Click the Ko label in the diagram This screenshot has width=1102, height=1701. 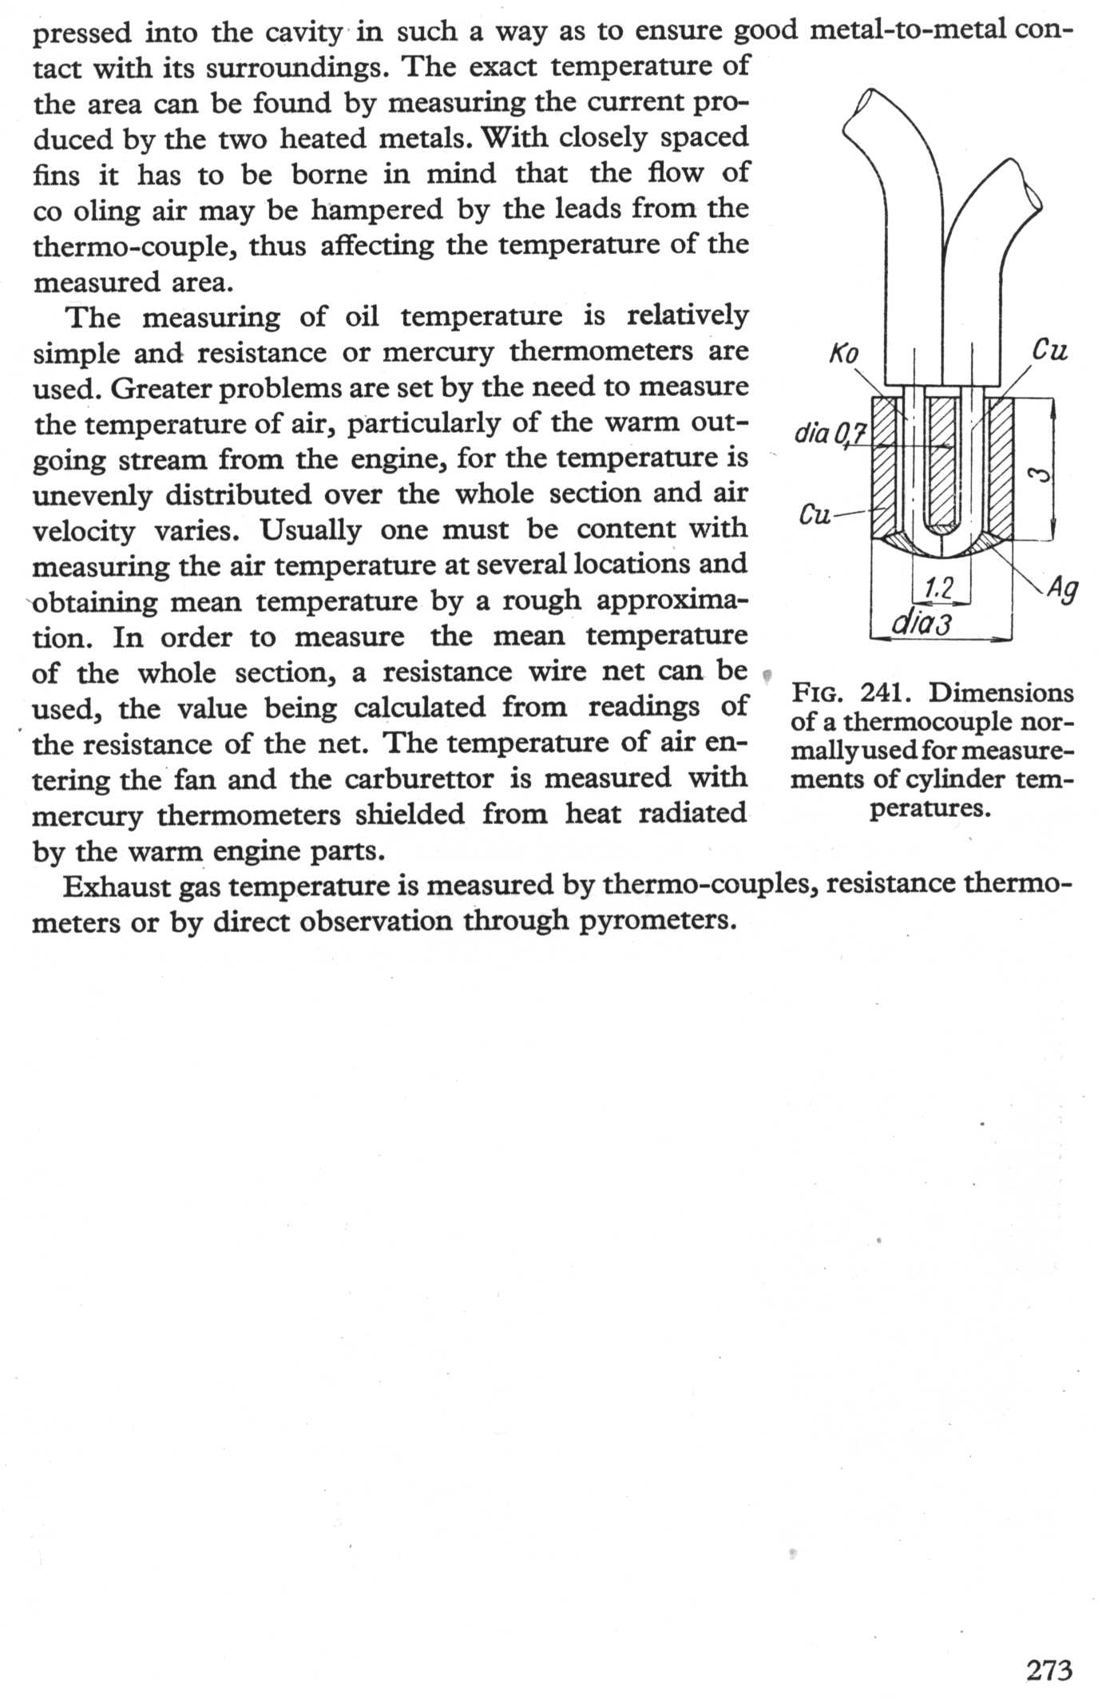[843, 354]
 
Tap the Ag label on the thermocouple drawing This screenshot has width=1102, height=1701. [1063, 589]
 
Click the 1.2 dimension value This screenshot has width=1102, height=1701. [938, 589]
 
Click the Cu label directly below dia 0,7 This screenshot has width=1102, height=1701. [815, 513]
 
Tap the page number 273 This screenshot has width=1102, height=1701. [1049, 1670]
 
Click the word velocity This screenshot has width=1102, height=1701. [83, 530]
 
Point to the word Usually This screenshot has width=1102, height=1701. [310, 529]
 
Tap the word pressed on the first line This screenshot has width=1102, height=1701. [82, 33]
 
